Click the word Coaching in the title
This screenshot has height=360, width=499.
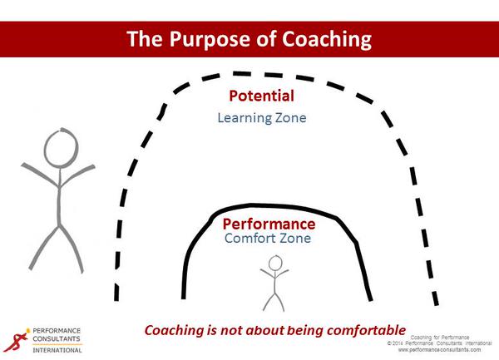click(327, 39)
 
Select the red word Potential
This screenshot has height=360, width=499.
click(262, 96)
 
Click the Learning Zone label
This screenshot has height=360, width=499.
click(262, 118)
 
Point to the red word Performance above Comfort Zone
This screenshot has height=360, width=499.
click(269, 224)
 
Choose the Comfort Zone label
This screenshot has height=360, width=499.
click(268, 238)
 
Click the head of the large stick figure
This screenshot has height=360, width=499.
click(61, 148)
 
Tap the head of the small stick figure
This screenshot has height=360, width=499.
click(275, 263)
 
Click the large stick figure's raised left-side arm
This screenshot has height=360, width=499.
click(40, 175)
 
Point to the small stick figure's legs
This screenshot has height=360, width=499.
click(274, 302)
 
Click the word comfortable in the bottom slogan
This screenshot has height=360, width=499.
click(366, 330)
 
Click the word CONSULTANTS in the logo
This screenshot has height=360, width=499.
click(57, 338)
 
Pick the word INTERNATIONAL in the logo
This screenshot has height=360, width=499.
click(57, 350)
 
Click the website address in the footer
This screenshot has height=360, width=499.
click(439, 350)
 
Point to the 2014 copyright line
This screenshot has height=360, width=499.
click(439, 343)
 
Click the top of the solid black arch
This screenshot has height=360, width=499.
click(270, 205)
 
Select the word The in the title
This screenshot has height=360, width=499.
click(145, 39)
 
